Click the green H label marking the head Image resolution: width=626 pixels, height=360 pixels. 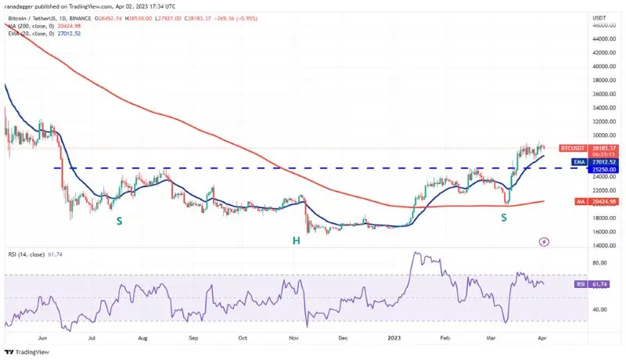point(297,240)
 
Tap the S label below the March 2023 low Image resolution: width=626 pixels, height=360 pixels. point(504,217)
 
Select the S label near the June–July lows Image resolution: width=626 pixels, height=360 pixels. point(119,221)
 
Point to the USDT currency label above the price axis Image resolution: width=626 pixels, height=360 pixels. point(601,17)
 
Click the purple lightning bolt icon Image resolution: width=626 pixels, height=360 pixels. point(545,242)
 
